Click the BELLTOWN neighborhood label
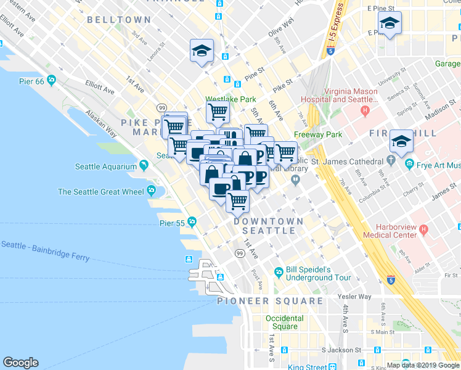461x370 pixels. click(x=119, y=20)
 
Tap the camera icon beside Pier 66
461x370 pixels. click(x=51, y=80)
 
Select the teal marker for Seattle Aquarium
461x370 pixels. click(x=144, y=165)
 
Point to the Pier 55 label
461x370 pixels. click(x=171, y=222)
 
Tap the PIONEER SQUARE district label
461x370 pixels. click(x=270, y=301)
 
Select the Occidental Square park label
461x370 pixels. click(x=284, y=323)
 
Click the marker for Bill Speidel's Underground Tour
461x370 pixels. click(x=279, y=272)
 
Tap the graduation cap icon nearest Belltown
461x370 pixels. click(x=202, y=51)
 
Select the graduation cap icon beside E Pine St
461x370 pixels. click(x=390, y=23)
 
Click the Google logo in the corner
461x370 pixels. click(x=20, y=363)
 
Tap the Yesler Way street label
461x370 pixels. click(x=355, y=297)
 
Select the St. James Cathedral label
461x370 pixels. click(x=346, y=162)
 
